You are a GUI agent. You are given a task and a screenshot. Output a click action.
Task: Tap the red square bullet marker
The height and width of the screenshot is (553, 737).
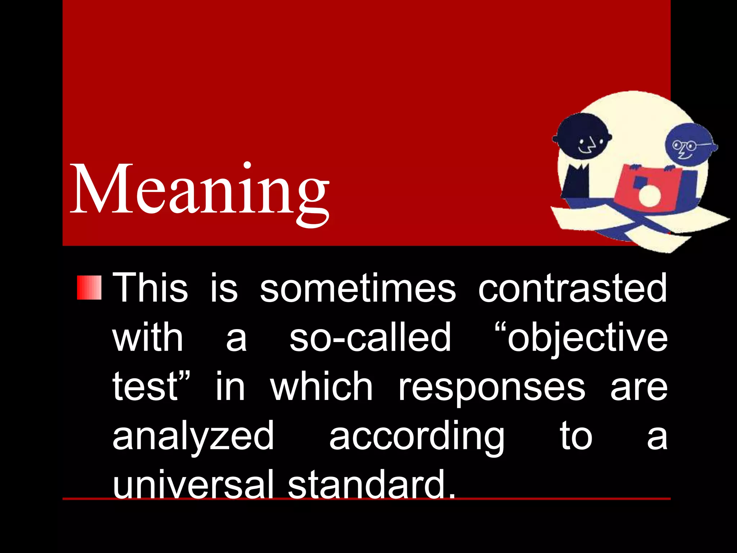[89, 288]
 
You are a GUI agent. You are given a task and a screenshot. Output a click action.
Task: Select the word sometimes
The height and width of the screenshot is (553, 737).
[358, 288]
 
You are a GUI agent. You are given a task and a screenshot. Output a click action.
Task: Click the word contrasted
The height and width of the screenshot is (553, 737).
[573, 288]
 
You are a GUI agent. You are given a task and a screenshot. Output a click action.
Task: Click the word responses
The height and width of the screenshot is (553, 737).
[492, 387]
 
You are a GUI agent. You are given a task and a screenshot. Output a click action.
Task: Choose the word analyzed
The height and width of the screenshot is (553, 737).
[193, 437]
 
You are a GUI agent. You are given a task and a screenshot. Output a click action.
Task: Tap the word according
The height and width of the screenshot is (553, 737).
[417, 437]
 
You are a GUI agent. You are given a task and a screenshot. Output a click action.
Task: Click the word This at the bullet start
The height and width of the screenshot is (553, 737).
[150, 288]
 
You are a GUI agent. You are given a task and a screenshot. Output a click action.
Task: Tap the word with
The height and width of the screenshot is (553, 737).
[148, 337]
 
